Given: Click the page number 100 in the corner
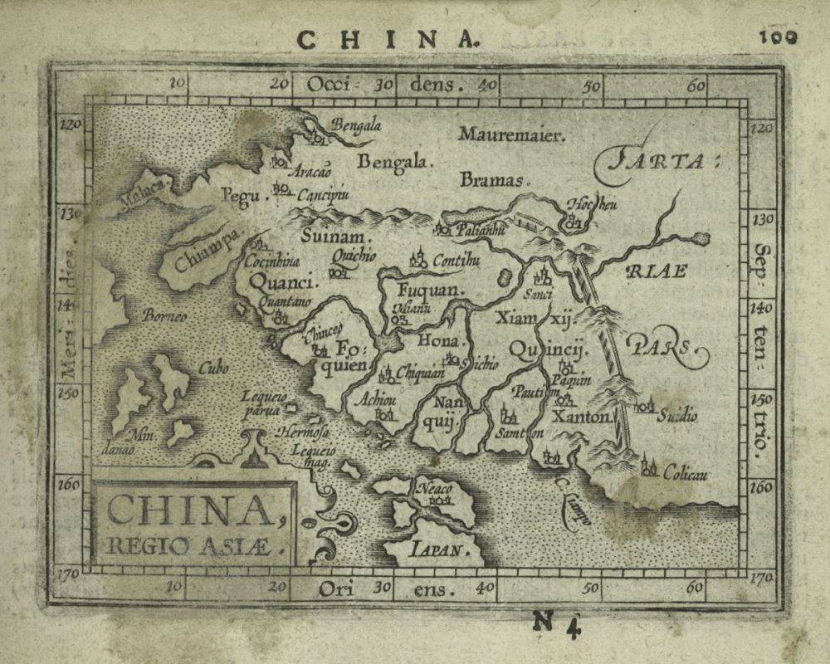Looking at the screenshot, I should [x=777, y=37].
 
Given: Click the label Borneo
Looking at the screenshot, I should [x=164, y=316].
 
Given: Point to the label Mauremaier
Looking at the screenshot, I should [x=511, y=134].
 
